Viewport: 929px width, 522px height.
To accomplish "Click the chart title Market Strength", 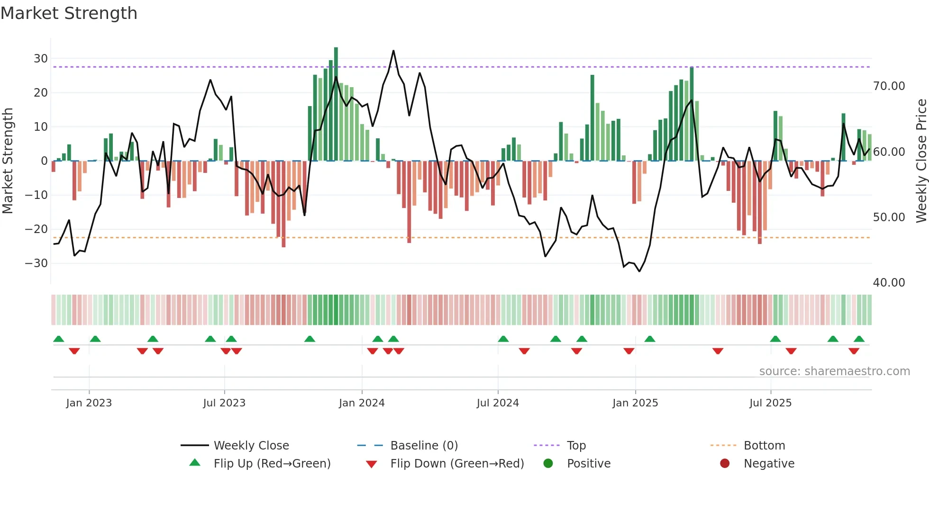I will coord(69,13).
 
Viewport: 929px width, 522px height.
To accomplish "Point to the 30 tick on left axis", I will coord(41,59).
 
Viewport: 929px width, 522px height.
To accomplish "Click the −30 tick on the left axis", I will coord(36,263).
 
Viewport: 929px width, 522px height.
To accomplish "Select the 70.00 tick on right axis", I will coord(889,86).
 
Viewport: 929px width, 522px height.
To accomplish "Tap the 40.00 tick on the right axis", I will coord(889,283).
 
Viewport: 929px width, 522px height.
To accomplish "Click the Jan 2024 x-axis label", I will coord(362,403).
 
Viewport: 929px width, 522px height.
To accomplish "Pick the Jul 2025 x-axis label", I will coord(770,403).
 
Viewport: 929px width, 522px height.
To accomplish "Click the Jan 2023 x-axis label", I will coord(89,403).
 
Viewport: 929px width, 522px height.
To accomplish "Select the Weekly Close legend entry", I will coord(251,446).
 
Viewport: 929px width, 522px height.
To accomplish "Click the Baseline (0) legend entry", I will coord(424,446).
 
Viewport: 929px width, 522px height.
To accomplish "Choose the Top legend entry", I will coord(576,446).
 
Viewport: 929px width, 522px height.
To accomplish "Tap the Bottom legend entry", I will coord(764,446).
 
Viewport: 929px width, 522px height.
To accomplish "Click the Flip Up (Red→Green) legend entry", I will coord(272,464).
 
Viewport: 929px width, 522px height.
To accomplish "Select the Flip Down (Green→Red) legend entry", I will coord(457,464).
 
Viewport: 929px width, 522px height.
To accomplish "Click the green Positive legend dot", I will coord(548,464).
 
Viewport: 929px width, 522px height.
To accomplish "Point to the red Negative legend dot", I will coord(725,464).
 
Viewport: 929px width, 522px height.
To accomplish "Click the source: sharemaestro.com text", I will coord(834,371).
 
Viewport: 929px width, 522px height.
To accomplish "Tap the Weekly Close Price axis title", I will coord(921,161).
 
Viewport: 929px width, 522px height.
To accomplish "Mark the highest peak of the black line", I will coord(393,51).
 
